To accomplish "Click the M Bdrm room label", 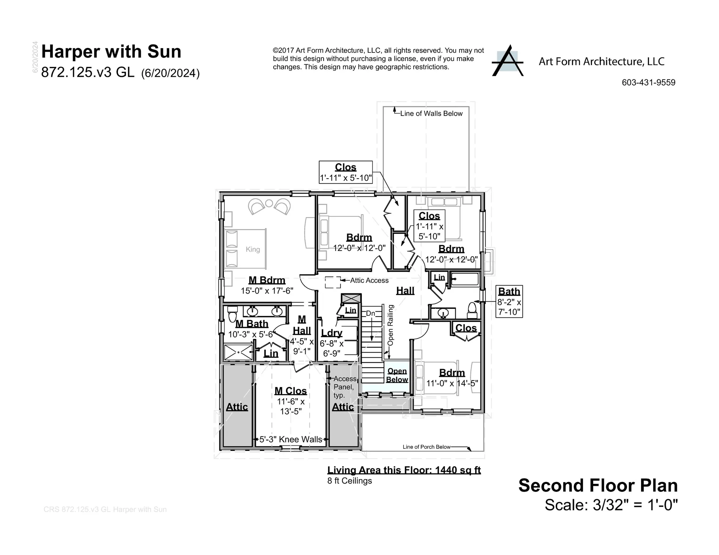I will coord(267,280).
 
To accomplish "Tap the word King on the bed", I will coord(253,250).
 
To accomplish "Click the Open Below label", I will coord(397,375).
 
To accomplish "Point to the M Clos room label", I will coord(290,391).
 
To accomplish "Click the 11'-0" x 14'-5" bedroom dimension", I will coord(452,384).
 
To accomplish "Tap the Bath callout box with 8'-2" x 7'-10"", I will coord(509,301).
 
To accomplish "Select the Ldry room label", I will coord(332,333).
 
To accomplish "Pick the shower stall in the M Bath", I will coord(238,353).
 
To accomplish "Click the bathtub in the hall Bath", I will coord(465,280).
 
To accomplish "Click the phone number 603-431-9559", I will coord(648,83).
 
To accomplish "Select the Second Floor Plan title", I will coord(598,485).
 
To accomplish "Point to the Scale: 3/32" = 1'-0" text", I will coord(611,505).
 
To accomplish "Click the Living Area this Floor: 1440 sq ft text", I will coord(404,470).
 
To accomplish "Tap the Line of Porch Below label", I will coord(426,447).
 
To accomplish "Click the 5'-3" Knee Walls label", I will coord(291,439).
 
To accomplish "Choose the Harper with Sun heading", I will coord(111,52).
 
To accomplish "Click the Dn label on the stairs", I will coord(370,314).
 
